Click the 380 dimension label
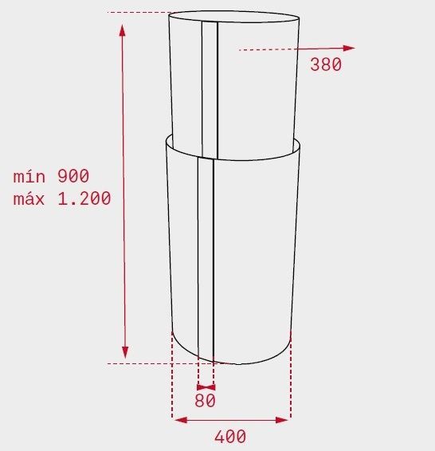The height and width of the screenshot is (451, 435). pyautogui.click(x=326, y=64)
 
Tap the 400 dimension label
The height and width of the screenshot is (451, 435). pyautogui.click(x=230, y=437)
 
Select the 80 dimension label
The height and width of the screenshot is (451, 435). pyautogui.click(x=205, y=400)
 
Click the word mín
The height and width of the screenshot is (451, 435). pyautogui.click(x=29, y=176)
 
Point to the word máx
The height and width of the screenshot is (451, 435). pyautogui.click(x=29, y=198)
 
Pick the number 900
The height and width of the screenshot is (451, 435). pyautogui.click(x=73, y=176)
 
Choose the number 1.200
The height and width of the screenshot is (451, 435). pyautogui.click(x=84, y=198)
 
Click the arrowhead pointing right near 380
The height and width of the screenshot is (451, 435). pyautogui.click(x=349, y=48)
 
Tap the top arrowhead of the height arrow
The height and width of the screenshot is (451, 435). pyautogui.click(x=123, y=30)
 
